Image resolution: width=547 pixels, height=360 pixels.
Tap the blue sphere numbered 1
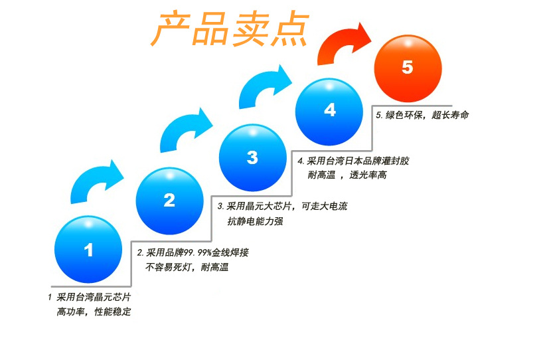click(88, 249)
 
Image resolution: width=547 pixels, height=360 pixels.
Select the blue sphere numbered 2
click(169, 200)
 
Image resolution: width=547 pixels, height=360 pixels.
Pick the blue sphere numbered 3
click(252, 157)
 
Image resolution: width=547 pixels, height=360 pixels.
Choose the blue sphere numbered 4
click(329, 110)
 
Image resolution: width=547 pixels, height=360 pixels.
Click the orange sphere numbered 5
click(407, 67)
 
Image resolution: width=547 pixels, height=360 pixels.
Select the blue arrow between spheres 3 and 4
click(266, 86)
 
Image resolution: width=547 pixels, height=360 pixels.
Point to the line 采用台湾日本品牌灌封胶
click(358, 161)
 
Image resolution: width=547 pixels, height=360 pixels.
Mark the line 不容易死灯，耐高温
click(187, 268)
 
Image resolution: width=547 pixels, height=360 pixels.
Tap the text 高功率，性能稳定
click(94, 312)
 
